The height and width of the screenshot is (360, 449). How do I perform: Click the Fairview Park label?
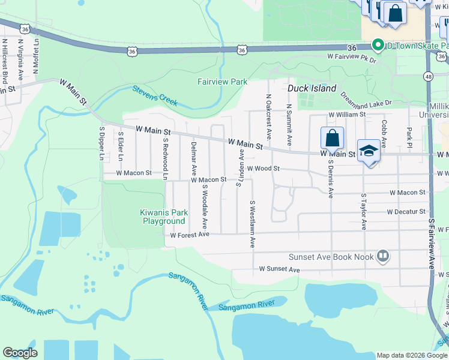pyautogui.click(x=222, y=81)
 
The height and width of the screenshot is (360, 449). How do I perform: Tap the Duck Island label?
pyautogui.click(x=312, y=88)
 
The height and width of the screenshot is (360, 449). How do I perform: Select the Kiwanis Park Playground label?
pyautogui.click(x=163, y=217)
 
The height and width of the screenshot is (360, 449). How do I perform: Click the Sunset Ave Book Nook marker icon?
pyautogui.click(x=382, y=257)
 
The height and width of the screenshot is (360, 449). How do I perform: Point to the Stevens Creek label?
pyautogui.click(x=155, y=96)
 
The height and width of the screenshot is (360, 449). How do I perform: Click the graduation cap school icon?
pyautogui.click(x=369, y=151)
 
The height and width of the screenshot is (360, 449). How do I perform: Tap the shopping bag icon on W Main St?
pyautogui.click(x=332, y=139)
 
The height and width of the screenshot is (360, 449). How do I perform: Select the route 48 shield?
pyautogui.click(x=427, y=76)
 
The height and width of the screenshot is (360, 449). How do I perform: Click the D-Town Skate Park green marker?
pyautogui.click(x=378, y=45)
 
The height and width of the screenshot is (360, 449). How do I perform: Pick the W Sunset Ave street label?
pyautogui.click(x=279, y=270)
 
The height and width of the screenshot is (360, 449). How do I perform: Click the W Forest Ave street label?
pyautogui.click(x=189, y=235)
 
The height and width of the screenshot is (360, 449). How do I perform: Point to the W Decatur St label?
pyautogui.click(x=406, y=212)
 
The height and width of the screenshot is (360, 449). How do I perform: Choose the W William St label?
pyautogui.click(x=346, y=114)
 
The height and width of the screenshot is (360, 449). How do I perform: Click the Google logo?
pyautogui.click(x=20, y=353)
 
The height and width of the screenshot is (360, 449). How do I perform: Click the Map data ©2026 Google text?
pyautogui.click(x=412, y=355)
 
